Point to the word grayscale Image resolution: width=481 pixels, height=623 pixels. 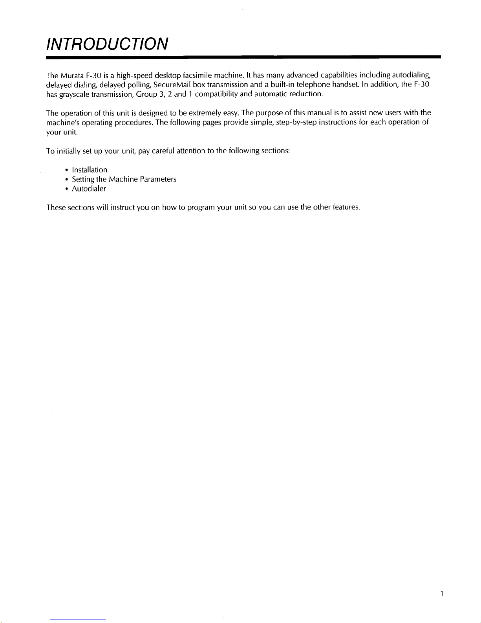click(x=73, y=94)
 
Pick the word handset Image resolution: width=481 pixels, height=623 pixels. click(x=346, y=85)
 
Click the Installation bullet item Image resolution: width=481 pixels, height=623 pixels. click(x=89, y=170)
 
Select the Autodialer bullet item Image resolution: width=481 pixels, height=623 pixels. click(x=89, y=189)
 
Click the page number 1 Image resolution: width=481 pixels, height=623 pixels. click(x=442, y=594)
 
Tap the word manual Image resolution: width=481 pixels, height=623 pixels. click(x=320, y=113)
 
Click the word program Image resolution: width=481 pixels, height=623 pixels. click(x=201, y=208)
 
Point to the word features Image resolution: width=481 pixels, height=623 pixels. click(x=346, y=207)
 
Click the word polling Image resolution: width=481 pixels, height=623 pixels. click(x=139, y=85)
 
